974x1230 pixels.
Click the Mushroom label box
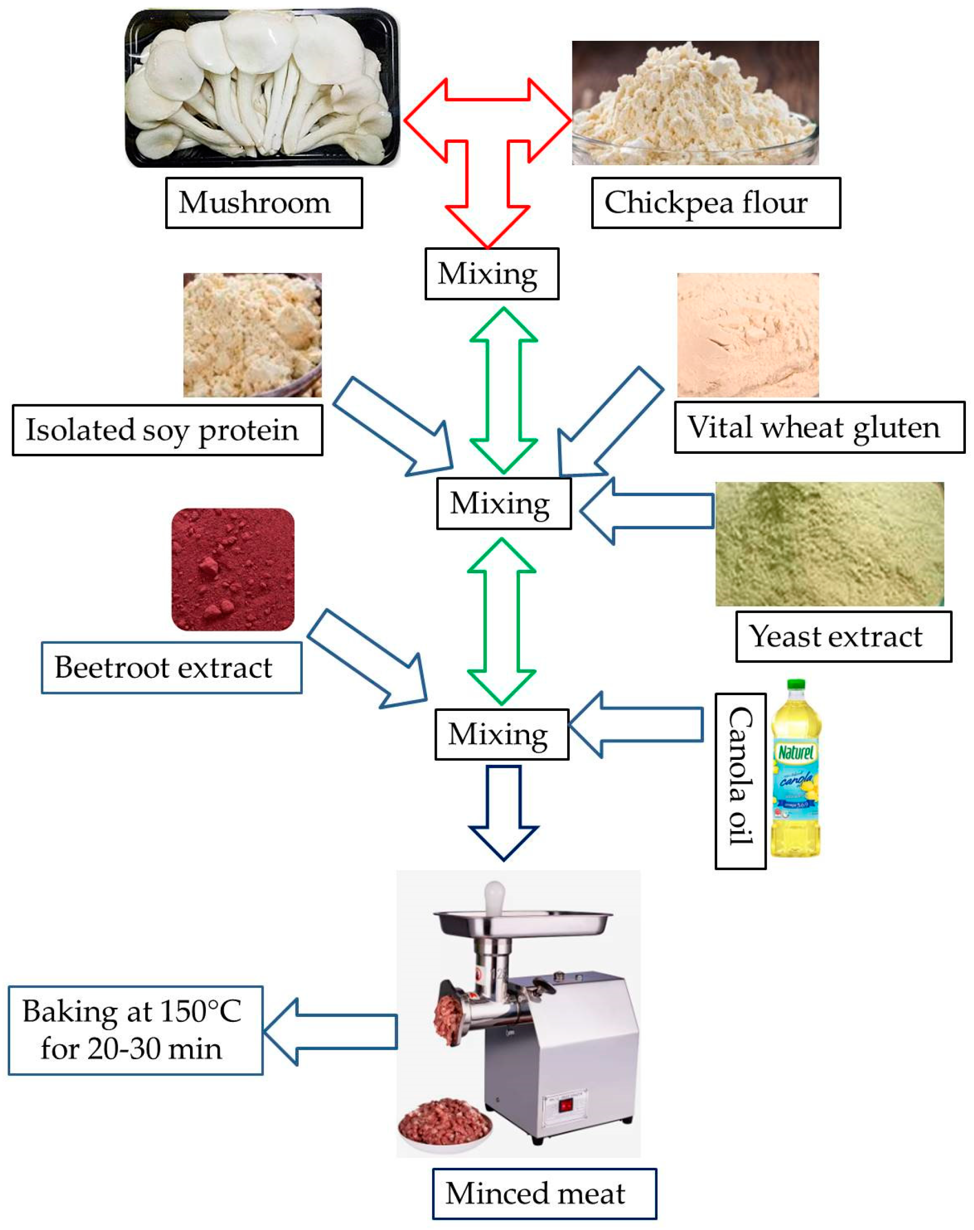point(264,203)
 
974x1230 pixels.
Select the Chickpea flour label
point(716,203)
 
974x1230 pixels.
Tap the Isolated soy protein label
point(167,431)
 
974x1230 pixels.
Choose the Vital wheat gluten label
point(819,428)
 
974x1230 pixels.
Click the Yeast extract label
point(843,637)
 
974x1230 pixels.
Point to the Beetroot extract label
point(171,668)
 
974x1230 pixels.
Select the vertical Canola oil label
point(740,781)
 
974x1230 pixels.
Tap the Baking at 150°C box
point(135,1030)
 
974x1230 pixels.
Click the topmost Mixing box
point(491,274)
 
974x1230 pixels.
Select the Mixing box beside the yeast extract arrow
point(504,504)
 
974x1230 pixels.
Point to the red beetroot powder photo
point(232,570)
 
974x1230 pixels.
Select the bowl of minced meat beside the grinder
point(445,1124)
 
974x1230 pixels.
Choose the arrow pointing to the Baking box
point(331,1032)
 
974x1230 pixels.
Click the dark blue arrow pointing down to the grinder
point(503,810)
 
